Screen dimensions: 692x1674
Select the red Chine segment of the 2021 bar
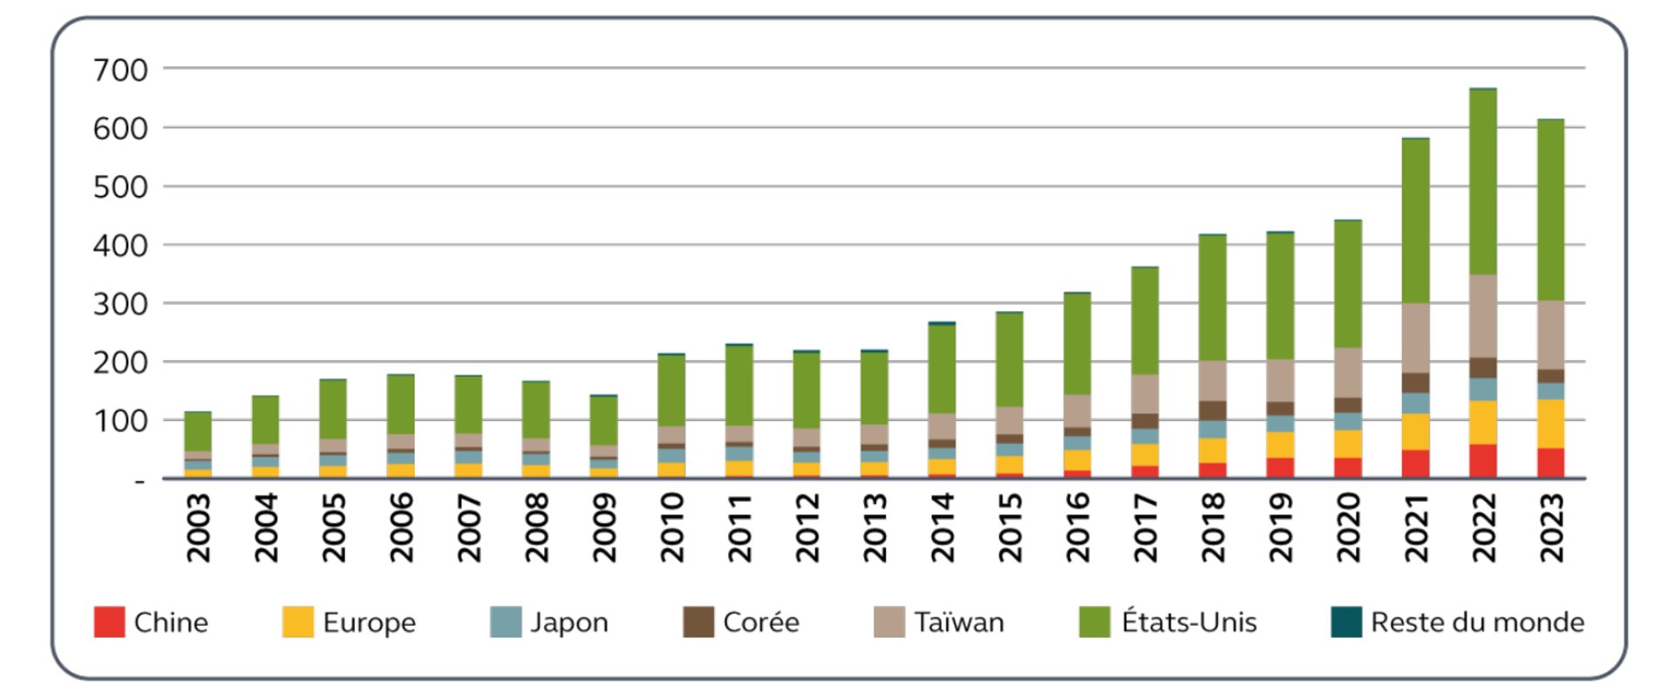(x=1415, y=464)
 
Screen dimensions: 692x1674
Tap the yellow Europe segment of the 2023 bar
(x=1550, y=424)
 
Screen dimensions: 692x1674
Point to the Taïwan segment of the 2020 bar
(x=1348, y=373)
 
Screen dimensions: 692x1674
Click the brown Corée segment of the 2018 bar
(x=1213, y=410)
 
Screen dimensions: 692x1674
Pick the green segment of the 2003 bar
(x=198, y=431)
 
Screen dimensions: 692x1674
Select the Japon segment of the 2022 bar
(x=1482, y=389)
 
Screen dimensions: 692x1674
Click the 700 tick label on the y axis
(x=120, y=70)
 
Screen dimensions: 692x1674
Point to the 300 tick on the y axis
(x=120, y=304)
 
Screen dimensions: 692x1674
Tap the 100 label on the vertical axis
(x=120, y=421)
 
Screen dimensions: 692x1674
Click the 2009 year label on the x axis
(x=604, y=527)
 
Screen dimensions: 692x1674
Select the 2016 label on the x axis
(x=1078, y=527)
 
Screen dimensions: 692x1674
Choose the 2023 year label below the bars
(x=1551, y=527)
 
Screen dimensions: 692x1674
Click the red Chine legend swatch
(x=110, y=622)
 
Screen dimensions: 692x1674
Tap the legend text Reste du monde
(x=1477, y=622)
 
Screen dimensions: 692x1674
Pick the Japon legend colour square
(x=506, y=622)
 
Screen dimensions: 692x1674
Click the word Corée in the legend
(x=760, y=622)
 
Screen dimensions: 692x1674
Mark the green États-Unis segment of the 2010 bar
(x=671, y=390)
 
